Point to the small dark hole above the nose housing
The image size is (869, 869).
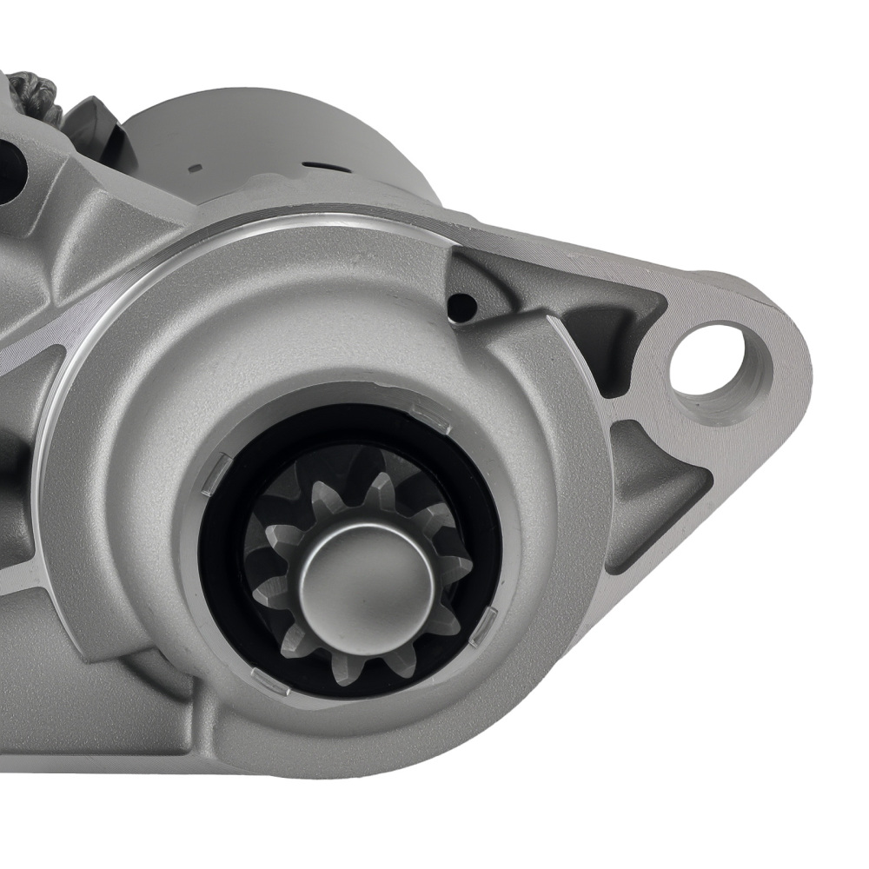(x=461, y=305)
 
